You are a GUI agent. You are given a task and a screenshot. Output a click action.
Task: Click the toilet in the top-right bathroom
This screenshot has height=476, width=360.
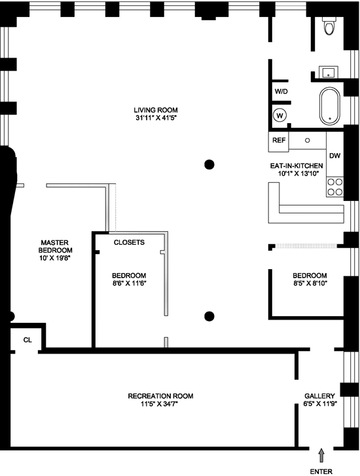(x=329, y=26)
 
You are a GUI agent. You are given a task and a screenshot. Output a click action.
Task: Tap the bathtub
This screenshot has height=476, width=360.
(x=329, y=106)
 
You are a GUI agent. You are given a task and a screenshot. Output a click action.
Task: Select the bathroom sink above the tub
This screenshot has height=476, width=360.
(x=328, y=73)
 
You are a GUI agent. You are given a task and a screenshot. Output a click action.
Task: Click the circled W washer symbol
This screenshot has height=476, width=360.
(x=280, y=116)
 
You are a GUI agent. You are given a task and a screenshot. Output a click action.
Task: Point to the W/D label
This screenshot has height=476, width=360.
(x=281, y=92)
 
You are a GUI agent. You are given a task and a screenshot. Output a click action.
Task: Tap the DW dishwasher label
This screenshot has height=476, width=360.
(x=335, y=156)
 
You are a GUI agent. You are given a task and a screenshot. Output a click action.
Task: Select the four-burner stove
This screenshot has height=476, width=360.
(x=335, y=187)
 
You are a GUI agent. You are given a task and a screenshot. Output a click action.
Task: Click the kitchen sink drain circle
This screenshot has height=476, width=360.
(x=308, y=141)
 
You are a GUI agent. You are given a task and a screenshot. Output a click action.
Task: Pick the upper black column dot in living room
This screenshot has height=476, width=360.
(x=209, y=164)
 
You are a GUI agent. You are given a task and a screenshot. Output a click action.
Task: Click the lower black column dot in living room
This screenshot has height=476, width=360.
(x=209, y=316)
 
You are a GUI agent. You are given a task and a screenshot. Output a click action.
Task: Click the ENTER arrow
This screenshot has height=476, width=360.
(x=321, y=456)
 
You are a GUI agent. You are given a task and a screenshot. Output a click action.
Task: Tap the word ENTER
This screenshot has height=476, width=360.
(x=321, y=471)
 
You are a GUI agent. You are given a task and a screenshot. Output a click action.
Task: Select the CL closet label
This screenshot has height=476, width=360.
(x=27, y=340)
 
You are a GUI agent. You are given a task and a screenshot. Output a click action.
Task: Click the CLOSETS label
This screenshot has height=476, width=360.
(x=129, y=242)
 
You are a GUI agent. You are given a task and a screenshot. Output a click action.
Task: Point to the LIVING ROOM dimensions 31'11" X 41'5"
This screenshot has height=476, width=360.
(x=156, y=118)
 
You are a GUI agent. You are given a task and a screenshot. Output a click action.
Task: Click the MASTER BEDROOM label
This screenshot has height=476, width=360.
(x=55, y=246)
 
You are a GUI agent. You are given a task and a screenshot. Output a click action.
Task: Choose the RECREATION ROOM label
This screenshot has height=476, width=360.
(x=160, y=396)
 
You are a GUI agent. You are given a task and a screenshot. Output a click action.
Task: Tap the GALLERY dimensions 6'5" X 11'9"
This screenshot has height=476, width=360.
(x=319, y=404)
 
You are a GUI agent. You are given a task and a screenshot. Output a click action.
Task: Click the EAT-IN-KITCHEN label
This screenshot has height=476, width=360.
(x=297, y=166)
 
